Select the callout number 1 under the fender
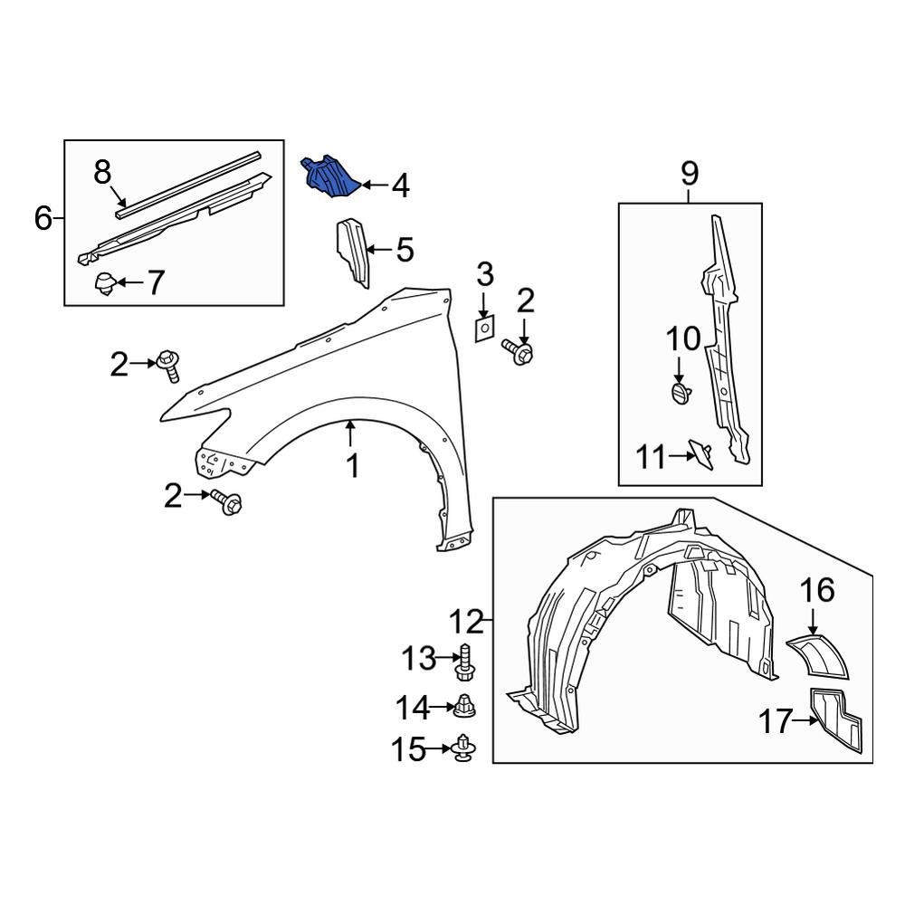(x=353, y=466)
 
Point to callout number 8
(x=102, y=170)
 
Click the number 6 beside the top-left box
(x=43, y=218)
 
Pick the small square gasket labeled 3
(x=484, y=327)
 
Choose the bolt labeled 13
(x=466, y=662)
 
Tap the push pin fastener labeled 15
(x=464, y=748)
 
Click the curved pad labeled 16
(x=820, y=656)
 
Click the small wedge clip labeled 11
(x=700, y=451)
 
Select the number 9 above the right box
(x=690, y=172)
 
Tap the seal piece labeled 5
(x=353, y=252)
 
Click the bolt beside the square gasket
(x=518, y=351)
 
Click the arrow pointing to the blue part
(x=373, y=186)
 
